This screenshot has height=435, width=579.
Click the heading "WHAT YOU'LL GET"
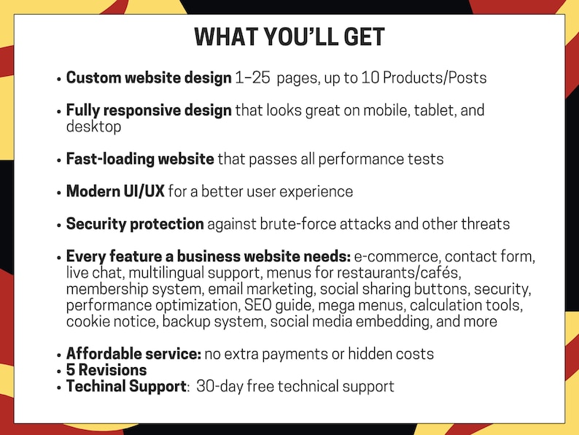[x=289, y=37]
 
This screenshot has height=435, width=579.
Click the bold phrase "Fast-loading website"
[x=140, y=158]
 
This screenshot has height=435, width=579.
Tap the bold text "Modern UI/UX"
[x=115, y=192]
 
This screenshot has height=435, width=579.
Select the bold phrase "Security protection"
[x=135, y=224]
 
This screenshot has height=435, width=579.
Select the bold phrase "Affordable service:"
[x=133, y=354]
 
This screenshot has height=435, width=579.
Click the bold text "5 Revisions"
[x=106, y=370]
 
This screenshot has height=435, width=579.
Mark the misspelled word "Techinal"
[x=95, y=386]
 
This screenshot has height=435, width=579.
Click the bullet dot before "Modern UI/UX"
[x=58, y=193]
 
